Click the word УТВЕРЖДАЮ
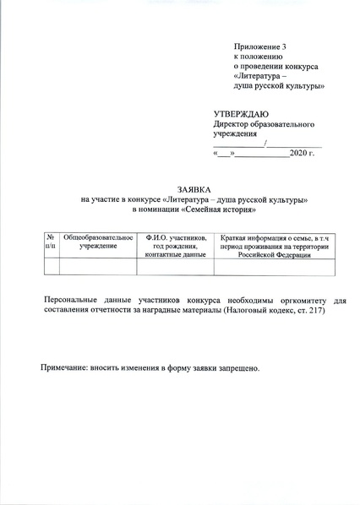(x=241, y=113)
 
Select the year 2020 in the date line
(x=299, y=155)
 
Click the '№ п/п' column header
(x=51, y=245)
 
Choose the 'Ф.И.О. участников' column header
(x=176, y=245)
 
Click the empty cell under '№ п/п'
(x=51, y=266)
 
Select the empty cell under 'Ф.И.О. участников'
(x=176, y=266)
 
